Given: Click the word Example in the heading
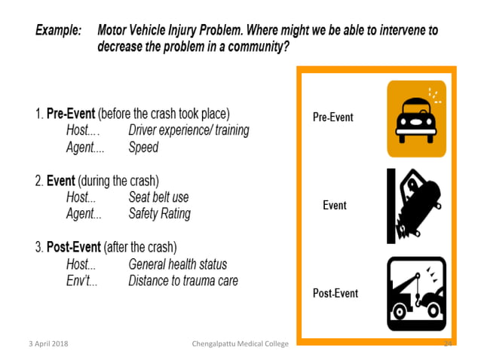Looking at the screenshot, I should pos(57,32).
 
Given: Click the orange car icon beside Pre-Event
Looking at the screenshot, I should pos(416,118).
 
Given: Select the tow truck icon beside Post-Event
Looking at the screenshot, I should pos(416,291).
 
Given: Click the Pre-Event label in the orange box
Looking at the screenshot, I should pos(333,117).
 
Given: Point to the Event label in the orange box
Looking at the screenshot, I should pos(334,205).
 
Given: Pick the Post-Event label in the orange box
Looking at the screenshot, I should pos(335,293).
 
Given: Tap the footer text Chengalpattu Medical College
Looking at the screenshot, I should pos(240,344).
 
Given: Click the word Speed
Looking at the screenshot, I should pos(143,148).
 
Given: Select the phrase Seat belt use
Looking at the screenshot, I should pos(158,197).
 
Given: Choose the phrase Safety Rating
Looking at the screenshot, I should pos(159,214).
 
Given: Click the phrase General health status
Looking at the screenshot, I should pos(177,264).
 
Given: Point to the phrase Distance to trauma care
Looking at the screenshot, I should pos(183,281).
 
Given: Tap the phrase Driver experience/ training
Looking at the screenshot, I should pos(188,131).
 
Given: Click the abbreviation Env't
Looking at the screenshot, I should pos(80,281).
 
